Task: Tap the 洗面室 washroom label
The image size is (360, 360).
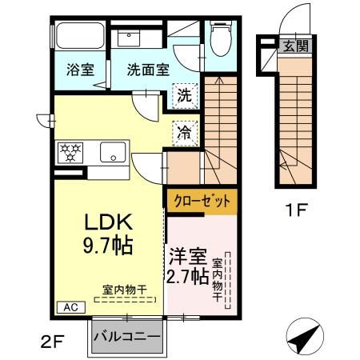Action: (147, 70)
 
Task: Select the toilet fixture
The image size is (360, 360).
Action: (218, 37)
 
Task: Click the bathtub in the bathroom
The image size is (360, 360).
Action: (80, 37)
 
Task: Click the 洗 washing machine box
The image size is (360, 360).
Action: (184, 96)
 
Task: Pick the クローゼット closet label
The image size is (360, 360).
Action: (202, 201)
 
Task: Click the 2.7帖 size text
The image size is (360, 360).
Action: (188, 278)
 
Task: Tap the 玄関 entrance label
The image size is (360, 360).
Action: (293, 46)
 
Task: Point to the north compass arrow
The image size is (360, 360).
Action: (303, 340)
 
